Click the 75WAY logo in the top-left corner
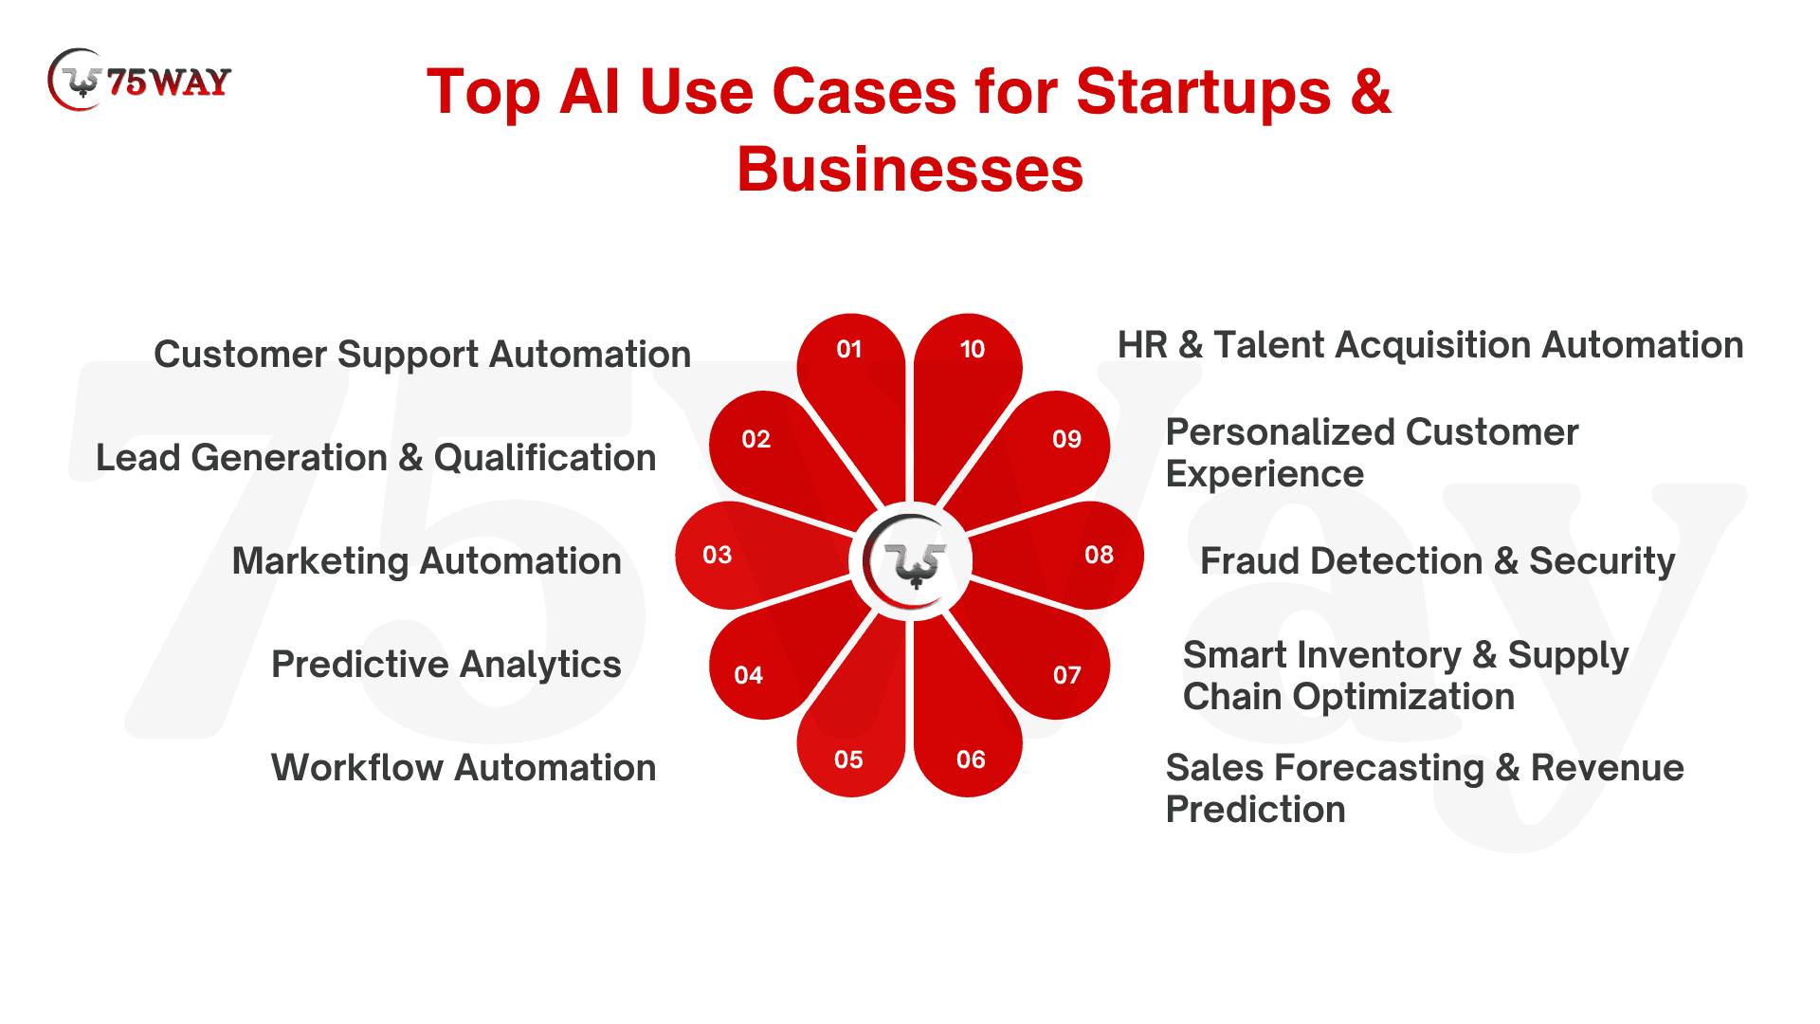coord(138,81)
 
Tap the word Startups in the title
coord(1204,92)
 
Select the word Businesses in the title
coord(910,170)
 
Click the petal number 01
coord(849,350)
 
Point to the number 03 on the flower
coord(718,555)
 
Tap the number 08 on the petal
coord(1100,555)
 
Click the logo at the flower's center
coord(910,561)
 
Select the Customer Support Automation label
coord(422,355)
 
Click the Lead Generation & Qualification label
coord(376,458)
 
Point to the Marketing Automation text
coord(427,561)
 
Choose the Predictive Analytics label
coord(446,665)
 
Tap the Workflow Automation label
coord(464,768)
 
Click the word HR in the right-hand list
coord(1142,345)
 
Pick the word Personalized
coord(1280,432)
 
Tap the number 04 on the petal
coord(749,675)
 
